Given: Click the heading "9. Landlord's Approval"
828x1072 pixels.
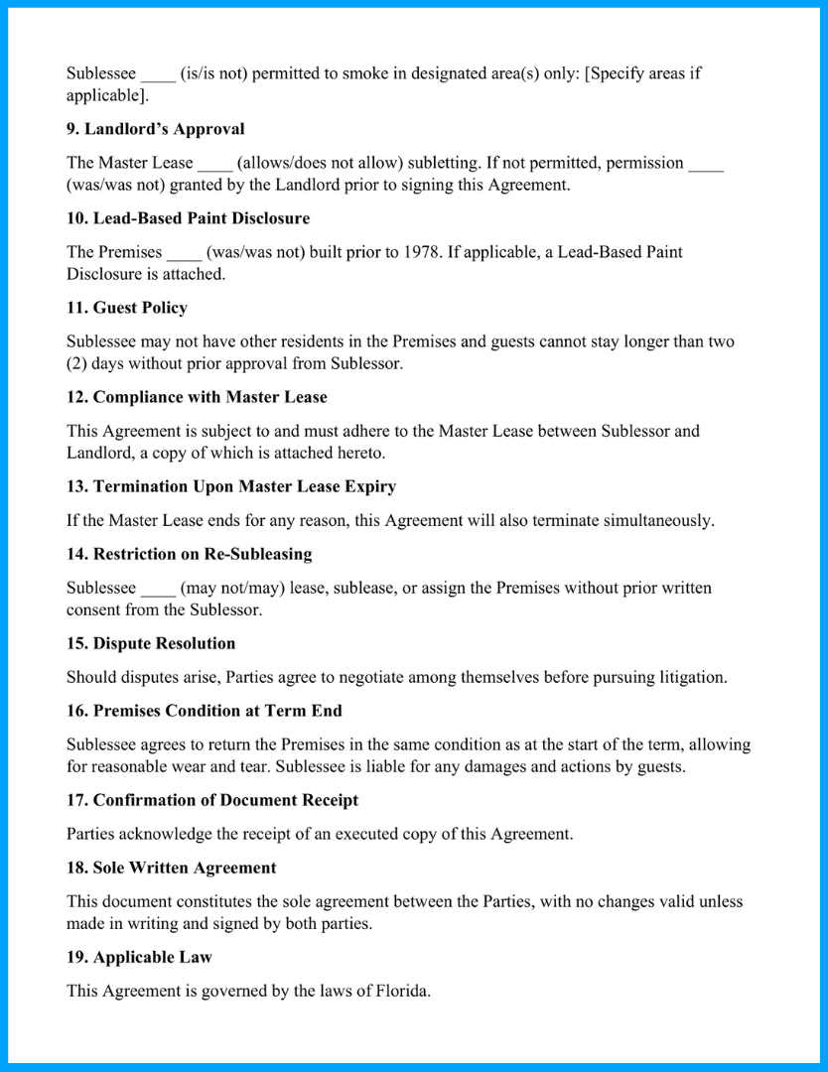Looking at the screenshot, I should (155, 129).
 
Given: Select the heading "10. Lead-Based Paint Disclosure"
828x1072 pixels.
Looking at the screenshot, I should (188, 218).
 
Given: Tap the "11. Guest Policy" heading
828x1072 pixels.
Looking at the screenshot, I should (126, 308).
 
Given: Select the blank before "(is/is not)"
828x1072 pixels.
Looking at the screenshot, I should (158, 73).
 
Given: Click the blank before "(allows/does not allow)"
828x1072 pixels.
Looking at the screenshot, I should (214, 163).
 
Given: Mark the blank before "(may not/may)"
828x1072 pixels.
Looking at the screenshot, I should (158, 588).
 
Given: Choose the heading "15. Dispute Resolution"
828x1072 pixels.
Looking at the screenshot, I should (151, 643).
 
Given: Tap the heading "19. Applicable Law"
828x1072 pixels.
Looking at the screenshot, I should (139, 957).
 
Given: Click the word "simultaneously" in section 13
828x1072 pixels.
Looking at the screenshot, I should (658, 520).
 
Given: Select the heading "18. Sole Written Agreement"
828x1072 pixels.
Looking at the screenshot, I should (171, 868).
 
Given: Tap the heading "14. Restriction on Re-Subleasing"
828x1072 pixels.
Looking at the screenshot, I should (189, 554).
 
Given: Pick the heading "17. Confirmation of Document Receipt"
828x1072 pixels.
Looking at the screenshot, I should (212, 800).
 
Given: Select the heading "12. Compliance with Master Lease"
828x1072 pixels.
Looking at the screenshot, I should (197, 397).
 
